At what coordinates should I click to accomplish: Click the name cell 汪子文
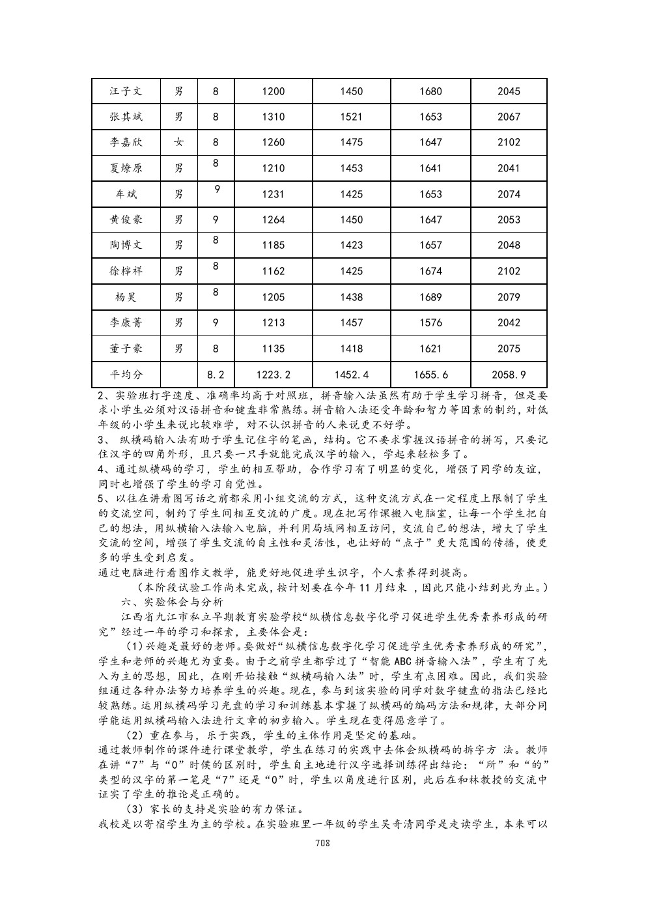pos(126,91)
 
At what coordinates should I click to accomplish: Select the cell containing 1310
pos(273,117)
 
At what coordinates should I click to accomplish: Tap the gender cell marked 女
pos(178,143)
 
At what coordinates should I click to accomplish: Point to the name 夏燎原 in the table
pos(126,168)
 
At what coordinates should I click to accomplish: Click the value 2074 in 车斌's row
pos(509,194)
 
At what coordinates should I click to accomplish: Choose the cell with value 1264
pos(273,220)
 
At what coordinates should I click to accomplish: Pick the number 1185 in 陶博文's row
pos(273,246)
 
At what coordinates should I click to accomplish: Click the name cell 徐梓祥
pos(126,271)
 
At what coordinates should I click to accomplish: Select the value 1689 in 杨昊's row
pos(430,297)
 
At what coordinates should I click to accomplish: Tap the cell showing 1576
pos(430,322)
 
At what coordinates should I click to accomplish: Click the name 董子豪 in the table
pos(126,349)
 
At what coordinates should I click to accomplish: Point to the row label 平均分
pos(126,375)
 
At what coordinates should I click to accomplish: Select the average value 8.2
pos(216,375)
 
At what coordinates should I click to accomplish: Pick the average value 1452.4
pos(351,375)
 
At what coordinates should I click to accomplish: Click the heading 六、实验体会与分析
pos(173,602)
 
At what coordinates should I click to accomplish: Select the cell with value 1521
pos(351,117)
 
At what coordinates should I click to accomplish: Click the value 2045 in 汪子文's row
pos(509,91)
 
